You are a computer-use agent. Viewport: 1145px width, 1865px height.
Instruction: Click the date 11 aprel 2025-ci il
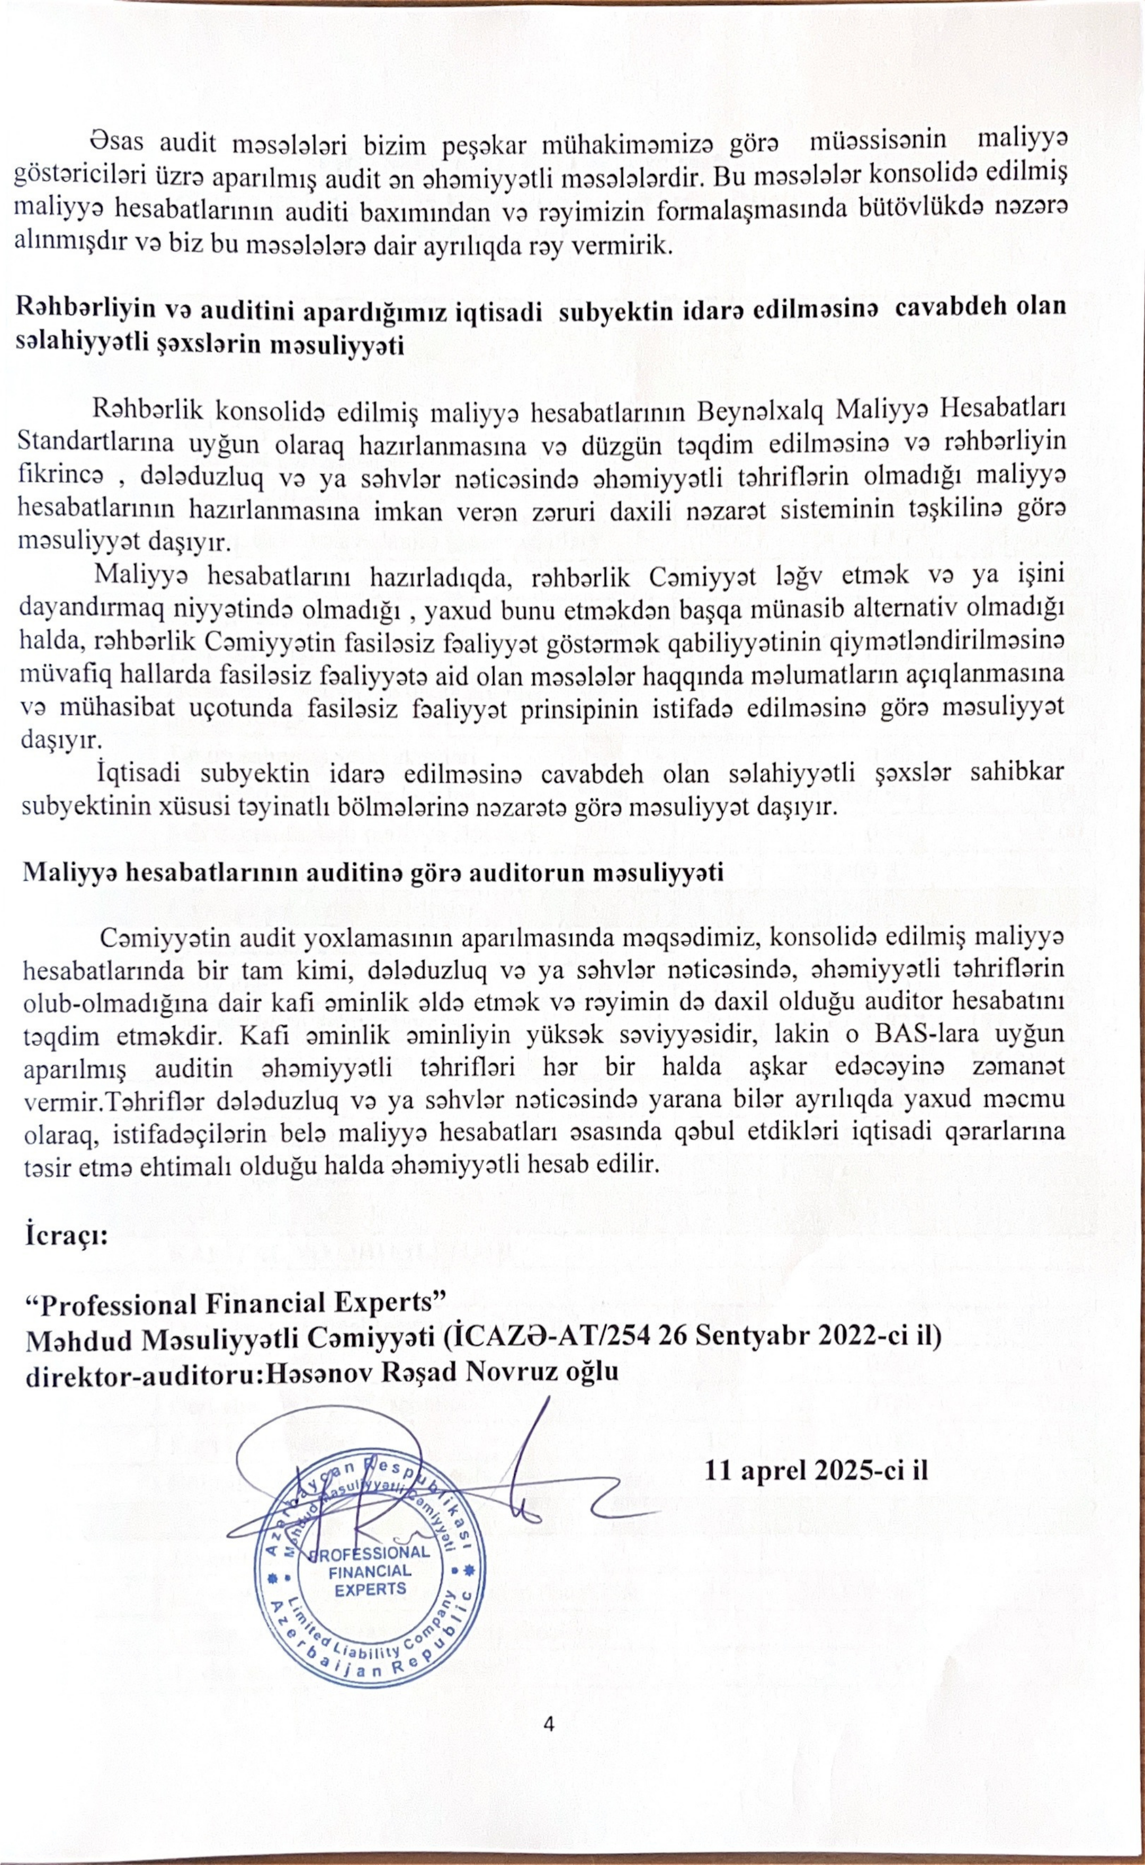tap(816, 1470)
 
